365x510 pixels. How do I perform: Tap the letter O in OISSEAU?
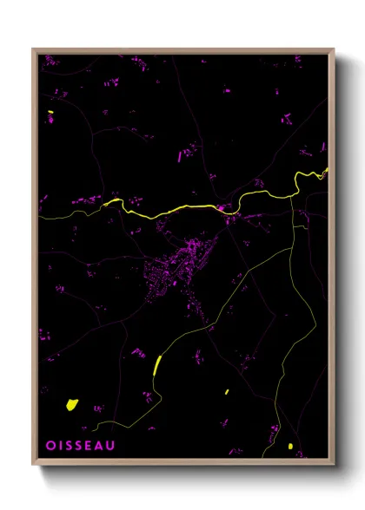click(x=50, y=445)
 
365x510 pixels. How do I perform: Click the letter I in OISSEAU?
click(x=60, y=445)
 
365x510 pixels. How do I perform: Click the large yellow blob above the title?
click(x=72, y=404)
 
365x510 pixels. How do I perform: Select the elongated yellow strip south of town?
click(x=157, y=364)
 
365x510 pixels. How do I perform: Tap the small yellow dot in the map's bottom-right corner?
click(x=290, y=447)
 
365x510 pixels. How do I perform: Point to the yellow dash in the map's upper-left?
click(x=51, y=113)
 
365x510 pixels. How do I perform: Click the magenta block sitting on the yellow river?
click(x=222, y=208)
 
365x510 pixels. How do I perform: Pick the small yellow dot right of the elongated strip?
click(x=227, y=392)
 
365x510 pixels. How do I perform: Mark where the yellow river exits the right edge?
click(x=328, y=169)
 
